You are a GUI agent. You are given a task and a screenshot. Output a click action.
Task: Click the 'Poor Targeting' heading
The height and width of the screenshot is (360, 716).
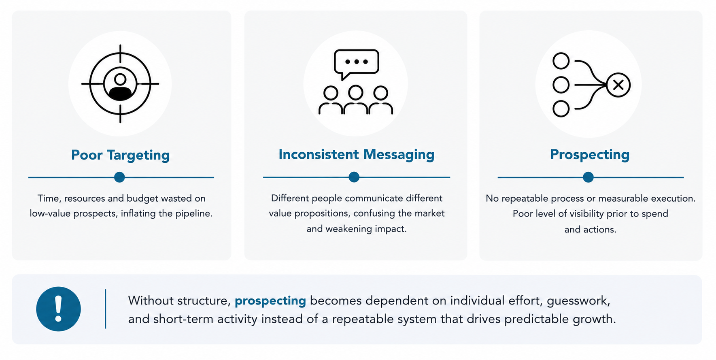click(x=120, y=155)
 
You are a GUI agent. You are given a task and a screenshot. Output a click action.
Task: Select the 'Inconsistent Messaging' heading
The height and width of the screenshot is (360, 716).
click(x=356, y=155)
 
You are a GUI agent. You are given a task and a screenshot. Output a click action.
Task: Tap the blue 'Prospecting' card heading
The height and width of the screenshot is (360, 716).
click(x=590, y=155)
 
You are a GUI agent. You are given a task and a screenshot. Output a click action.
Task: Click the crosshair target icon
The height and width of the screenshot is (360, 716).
click(x=120, y=84)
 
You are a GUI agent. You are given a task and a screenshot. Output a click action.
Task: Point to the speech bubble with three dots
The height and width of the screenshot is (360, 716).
click(x=356, y=64)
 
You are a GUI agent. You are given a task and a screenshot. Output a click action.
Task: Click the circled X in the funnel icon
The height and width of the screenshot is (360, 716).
click(x=618, y=85)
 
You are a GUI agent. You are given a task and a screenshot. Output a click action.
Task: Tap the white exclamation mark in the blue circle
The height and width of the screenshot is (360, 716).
click(x=59, y=309)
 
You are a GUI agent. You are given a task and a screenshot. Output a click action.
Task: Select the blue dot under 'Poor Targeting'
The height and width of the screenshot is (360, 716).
click(x=119, y=177)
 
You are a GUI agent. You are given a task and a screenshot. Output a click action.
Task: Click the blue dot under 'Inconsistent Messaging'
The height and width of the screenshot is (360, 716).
click(x=354, y=177)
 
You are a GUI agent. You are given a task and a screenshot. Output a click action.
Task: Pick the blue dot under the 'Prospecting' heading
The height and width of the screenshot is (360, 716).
click(x=588, y=177)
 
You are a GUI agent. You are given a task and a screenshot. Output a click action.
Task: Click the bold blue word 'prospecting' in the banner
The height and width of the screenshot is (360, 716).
click(x=270, y=301)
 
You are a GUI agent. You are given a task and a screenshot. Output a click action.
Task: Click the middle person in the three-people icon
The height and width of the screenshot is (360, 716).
click(x=356, y=99)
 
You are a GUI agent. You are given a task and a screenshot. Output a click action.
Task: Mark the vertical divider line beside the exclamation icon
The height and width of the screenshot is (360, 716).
click(x=106, y=309)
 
